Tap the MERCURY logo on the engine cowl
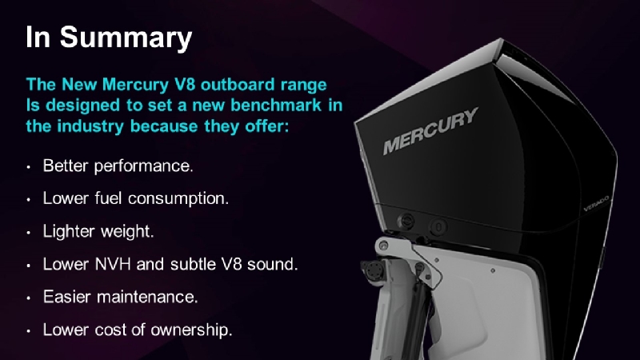point(430,130)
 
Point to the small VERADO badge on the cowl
point(596,203)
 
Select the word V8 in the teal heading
point(185,85)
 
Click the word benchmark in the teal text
point(276,105)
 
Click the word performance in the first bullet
point(143,166)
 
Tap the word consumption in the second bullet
point(178,198)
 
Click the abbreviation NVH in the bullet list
point(113,264)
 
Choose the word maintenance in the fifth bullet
point(146,297)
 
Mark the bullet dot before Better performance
point(29,167)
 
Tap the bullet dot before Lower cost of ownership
point(29,330)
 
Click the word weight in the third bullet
point(127,231)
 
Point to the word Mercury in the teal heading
point(135,85)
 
